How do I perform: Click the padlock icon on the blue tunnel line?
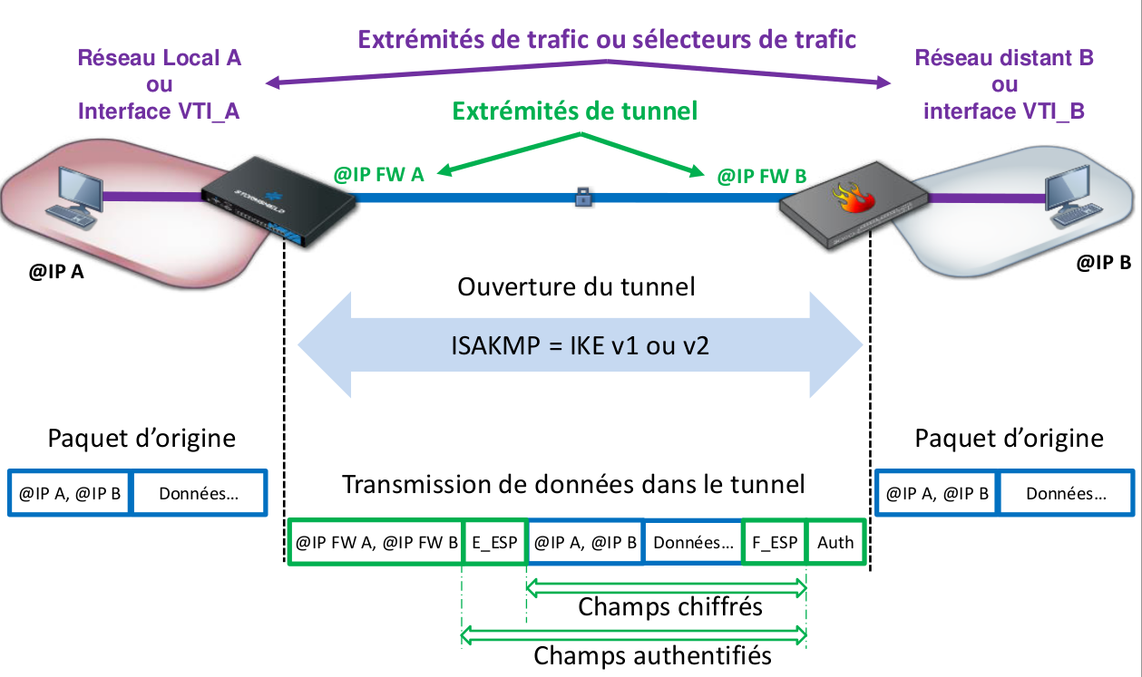click(x=583, y=195)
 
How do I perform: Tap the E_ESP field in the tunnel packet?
click(x=494, y=543)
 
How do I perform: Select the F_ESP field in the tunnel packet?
click(x=775, y=543)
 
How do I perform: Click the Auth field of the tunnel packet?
click(x=835, y=543)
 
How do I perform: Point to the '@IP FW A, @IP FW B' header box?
click(x=376, y=543)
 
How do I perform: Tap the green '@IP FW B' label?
click(x=761, y=176)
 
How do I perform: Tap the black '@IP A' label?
click(x=55, y=271)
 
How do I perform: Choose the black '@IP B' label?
click(x=1103, y=264)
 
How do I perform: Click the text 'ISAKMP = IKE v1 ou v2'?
click(x=580, y=346)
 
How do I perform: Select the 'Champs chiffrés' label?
click(x=670, y=606)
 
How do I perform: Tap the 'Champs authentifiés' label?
click(x=652, y=654)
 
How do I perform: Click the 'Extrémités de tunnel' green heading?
click(x=575, y=111)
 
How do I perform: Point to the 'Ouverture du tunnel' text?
click(x=576, y=287)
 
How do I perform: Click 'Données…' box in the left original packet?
click(x=199, y=494)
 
